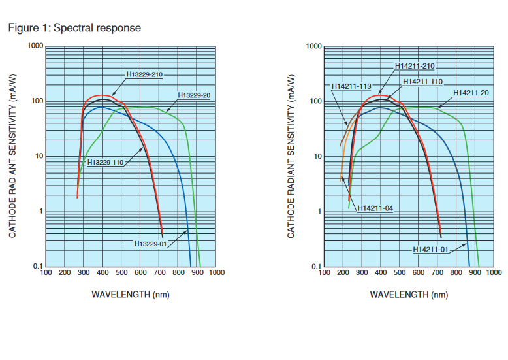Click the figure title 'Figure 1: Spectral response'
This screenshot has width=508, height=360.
(x=74, y=28)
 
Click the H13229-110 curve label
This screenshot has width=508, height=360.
(x=105, y=162)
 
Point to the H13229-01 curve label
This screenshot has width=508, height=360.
(x=152, y=244)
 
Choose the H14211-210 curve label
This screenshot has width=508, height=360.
(x=415, y=66)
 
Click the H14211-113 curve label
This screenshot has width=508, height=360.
(x=351, y=86)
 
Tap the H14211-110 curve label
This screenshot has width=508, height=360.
(x=422, y=82)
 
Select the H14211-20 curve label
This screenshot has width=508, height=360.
(x=471, y=93)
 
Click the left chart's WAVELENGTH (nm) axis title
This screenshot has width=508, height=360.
(x=131, y=295)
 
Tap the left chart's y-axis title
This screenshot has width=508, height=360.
(x=12, y=156)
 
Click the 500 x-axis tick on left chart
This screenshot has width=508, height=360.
(x=121, y=272)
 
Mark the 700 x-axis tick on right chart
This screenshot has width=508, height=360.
(x=439, y=272)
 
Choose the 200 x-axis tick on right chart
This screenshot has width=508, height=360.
(x=343, y=272)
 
